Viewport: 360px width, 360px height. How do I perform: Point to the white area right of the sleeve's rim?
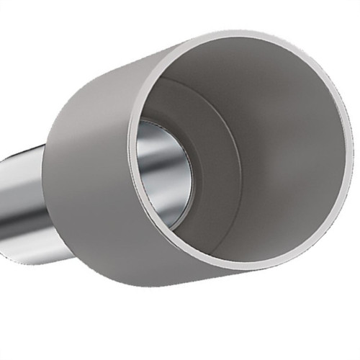click(356, 216)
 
